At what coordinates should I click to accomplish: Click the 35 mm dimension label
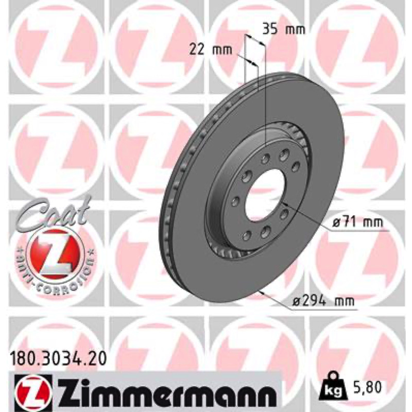pyautogui.click(x=284, y=29)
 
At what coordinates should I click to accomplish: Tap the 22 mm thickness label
pyautogui.click(x=211, y=49)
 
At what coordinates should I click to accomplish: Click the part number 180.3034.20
pyautogui.click(x=58, y=358)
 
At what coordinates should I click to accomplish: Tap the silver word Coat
pyautogui.click(x=54, y=212)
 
